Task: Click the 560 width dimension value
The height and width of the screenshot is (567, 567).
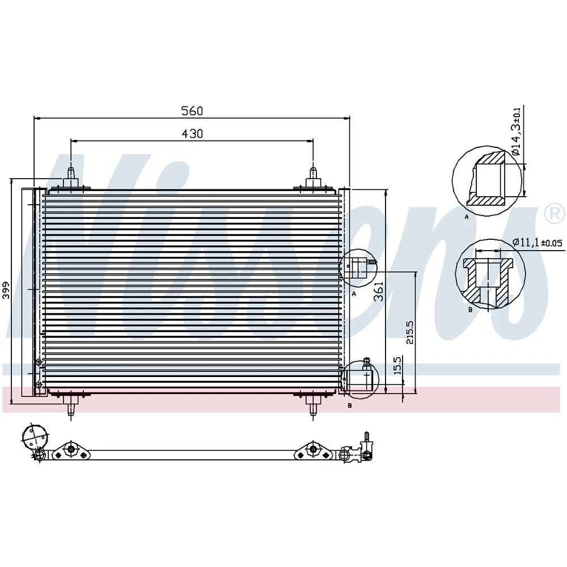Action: tap(192, 111)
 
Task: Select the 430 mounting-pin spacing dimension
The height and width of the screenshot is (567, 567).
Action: tap(192, 134)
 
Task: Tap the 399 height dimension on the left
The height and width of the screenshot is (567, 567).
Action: tap(6, 290)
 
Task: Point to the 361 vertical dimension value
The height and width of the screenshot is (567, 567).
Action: tap(378, 291)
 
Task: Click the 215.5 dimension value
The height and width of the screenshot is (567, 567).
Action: tap(410, 332)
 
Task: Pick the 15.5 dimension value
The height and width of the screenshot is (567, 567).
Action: tap(397, 366)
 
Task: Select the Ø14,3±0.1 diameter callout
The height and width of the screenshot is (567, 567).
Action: tap(516, 132)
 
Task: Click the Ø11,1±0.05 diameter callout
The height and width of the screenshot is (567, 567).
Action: tap(538, 242)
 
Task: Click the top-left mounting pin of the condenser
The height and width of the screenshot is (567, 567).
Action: tap(71, 178)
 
